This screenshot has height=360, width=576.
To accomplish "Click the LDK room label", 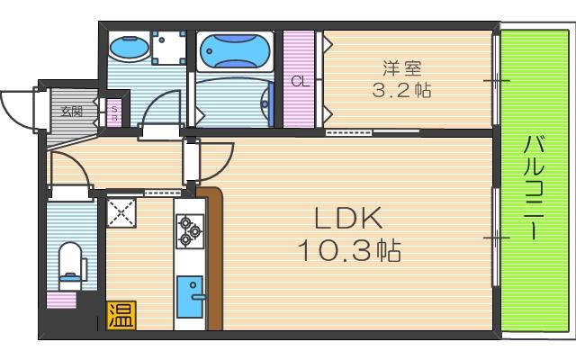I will pos(349,219).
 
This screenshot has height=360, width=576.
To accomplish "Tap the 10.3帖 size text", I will pos(349,249).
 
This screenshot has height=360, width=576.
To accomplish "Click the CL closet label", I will pos(300,80).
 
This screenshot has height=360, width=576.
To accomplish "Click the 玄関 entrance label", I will pos(71,112).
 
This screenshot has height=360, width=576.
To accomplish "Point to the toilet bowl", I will pos(70,261).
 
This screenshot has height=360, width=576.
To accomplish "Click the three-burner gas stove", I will pos(190,229).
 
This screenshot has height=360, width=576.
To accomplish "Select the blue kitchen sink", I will pos(191,295).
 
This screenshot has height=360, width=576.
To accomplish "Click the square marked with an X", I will pos(121,212).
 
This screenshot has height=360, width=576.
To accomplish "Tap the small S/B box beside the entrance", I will pos(115,112).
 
